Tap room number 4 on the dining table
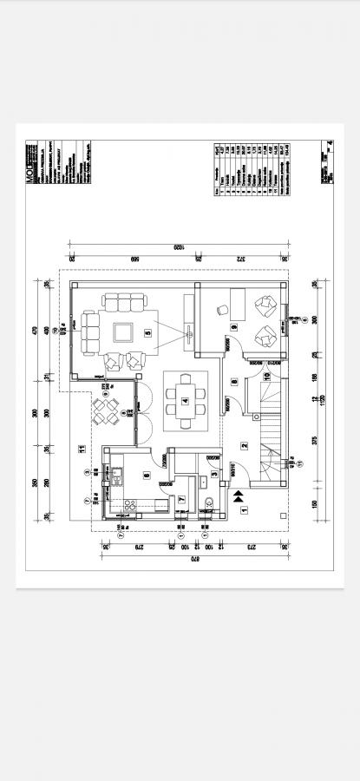point(185,401)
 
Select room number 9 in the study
point(234,326)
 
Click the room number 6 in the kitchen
point(146,475)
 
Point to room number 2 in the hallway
point(245,446)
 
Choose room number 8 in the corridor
point(233,382)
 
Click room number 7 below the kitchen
point(181,500)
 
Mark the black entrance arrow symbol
point(238,496)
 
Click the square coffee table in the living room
point(122,331)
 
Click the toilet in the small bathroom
point(210,500)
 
